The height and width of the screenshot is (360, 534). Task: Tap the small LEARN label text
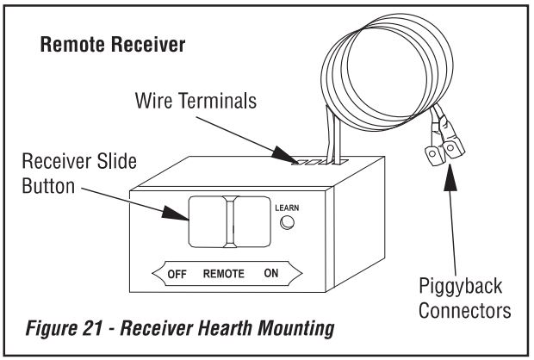click(286, 208)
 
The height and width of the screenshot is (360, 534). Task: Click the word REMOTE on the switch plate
click(224, 274)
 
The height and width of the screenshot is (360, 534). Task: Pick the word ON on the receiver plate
click(271, 274)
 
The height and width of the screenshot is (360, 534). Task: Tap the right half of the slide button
click(251, 220)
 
